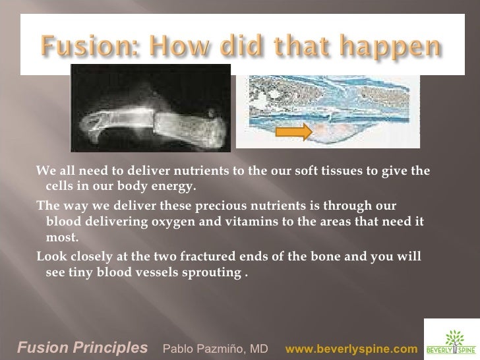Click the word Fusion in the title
(x=78, y=47)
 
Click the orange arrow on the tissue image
(x=293, y=132)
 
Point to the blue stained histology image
(x=328, y=110)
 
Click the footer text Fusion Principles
(x=82, y=347)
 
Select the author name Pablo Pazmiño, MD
(x=215, y=347)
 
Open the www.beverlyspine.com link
(x=351, y=347)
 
